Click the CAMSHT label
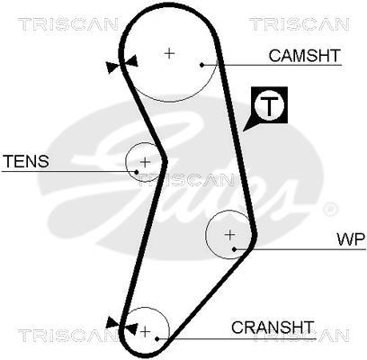click(305, 56)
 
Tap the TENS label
click(26, 161)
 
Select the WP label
click(351, 239)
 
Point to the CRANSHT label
click(273, 328)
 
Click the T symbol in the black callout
click(270, 105)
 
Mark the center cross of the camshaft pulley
click(170, 54)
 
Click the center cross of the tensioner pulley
click(146, 162)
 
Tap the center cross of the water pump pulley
click(230, 235)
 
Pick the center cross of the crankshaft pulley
click(146, 332)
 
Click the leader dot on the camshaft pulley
click(201, 65)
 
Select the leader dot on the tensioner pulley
click(137, 172)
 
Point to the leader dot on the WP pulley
click(235, 249)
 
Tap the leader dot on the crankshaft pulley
click(157, 338)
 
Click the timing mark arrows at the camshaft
click(121, 64)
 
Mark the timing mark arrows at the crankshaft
click(122, 325)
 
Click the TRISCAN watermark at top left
click(68, 24)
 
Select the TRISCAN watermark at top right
click(299, 24)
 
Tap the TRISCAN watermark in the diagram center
click(186, 180)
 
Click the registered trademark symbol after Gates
click(330, 209)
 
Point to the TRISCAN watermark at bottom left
click(67, 336)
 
